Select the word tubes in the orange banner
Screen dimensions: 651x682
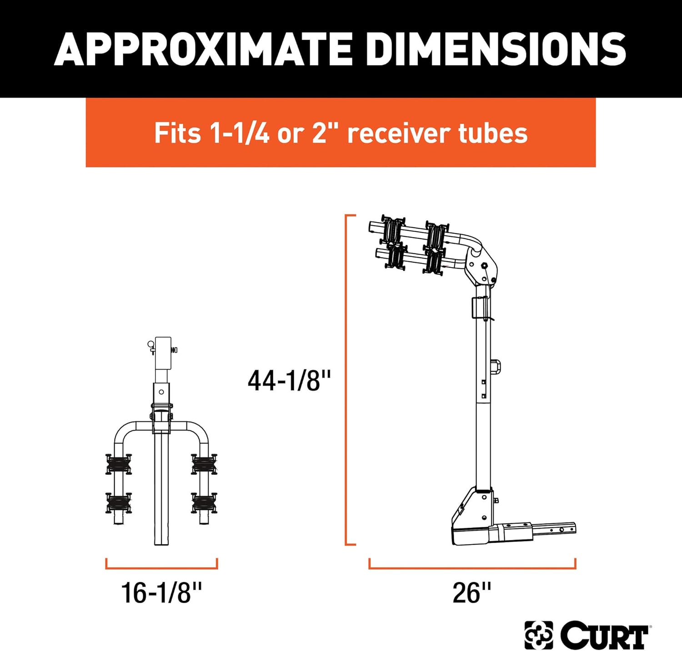click(x=493, y=133)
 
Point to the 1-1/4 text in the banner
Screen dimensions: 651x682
click(x=239, y=133)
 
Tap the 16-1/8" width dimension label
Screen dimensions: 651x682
click(x=161, y=593)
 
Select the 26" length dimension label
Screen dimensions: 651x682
click(x=471, y=593)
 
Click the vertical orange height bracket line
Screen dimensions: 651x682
click(x=346, y=379)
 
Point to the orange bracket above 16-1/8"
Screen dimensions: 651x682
click(x=161, y=568)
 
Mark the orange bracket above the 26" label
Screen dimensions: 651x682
click(x=472, y=568)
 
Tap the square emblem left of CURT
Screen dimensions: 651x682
click(x=539, y=635)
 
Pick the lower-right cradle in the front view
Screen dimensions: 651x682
click(x=204, y=503)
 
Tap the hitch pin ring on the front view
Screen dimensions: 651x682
click(x=150, y=344)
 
